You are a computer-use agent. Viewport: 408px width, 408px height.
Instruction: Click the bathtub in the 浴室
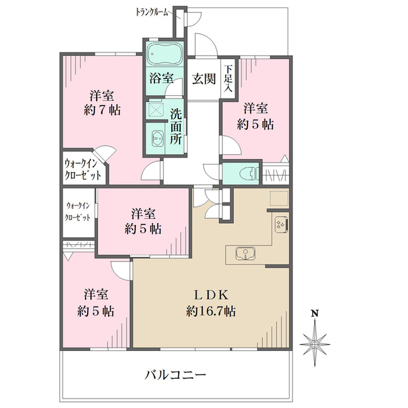tap(164, 54)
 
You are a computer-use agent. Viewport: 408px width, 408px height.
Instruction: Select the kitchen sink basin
tap(245, 254)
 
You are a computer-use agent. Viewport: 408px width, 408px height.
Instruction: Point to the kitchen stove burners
tap(282, 223)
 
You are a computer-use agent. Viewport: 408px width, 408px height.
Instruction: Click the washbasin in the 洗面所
tap(158, 139)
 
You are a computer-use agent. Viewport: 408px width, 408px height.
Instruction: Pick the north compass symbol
tap(315, 343)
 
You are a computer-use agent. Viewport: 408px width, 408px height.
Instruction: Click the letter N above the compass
tap(315, 313)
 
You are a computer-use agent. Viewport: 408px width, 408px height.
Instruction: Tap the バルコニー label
tap(175, 375)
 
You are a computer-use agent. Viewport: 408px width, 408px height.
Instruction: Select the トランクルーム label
tap(152, 12)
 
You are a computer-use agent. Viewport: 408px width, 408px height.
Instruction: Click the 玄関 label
tap(204, 79)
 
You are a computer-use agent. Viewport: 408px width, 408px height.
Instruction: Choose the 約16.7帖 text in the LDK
tap(211, 311)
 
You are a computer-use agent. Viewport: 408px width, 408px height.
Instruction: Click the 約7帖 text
tap(102, 110)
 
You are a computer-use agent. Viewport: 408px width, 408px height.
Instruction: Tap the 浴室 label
tap(161, 78)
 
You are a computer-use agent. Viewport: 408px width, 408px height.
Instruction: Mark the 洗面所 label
tap(176, 126)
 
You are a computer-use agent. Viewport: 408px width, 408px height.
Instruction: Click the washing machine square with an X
tap(156, 109)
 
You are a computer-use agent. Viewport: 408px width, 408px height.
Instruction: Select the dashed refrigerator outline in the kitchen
tap(279, 199)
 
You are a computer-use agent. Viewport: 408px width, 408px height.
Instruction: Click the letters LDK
tap(211, 295)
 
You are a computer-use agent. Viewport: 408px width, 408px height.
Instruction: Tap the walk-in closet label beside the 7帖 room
tap(82, 169)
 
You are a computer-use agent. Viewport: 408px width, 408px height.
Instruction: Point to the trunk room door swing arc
tap(195, 20)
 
